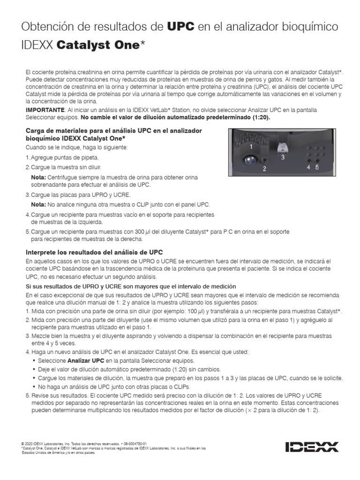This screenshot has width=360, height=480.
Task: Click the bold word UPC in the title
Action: tap(181, 26)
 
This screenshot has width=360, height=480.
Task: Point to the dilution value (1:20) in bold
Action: tap(260, 117)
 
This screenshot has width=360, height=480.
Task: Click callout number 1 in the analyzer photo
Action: tap(251, 147)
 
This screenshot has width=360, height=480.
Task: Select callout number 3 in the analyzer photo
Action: tap(283, 157)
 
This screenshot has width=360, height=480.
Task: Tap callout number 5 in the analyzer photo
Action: tap(317, 167)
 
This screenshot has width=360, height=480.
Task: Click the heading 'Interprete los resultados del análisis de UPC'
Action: tap(94, 252)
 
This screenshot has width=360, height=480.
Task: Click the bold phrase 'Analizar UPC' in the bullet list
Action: tap(85, 360)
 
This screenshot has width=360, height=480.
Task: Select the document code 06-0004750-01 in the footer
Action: tap(135, 443)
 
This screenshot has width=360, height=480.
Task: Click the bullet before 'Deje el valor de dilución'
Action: tap(34, 369)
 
